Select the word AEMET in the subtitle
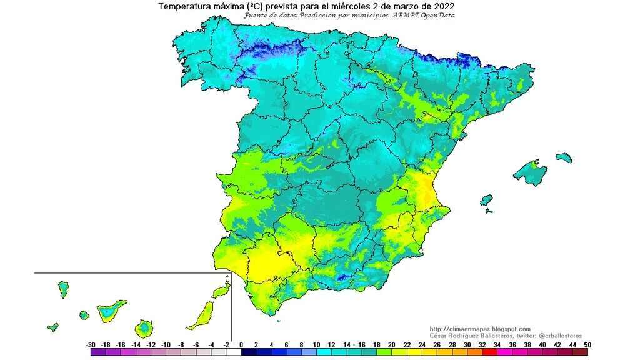pyautogui.click(x=402, y=15)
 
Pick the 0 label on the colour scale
pyautogui.click(x=241, y=344)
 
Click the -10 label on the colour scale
pyautogui.click(x=166, y=344)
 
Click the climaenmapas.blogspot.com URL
pyautogui.click(x=480, y=329)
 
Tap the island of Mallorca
pyautogui.click(x=530, y=172)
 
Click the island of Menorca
pyautogui.click(x=564, y=156)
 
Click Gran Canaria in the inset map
pyautogui.click(x=146, y=327)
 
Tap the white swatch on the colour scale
pyautogui.click(x=232, y=352)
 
